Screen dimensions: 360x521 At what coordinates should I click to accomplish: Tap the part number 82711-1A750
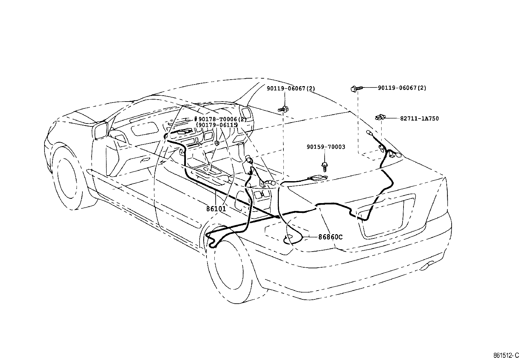[419, 119]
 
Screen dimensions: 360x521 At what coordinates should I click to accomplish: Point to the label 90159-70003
[326, 147]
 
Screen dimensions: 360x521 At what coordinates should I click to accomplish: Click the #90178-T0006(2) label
[220, 119]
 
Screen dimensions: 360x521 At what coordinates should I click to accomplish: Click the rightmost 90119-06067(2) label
[402, 88]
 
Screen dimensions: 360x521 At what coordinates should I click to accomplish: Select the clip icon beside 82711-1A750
[380, 117]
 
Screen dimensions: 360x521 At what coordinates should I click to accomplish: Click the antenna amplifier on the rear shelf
[316, 178]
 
